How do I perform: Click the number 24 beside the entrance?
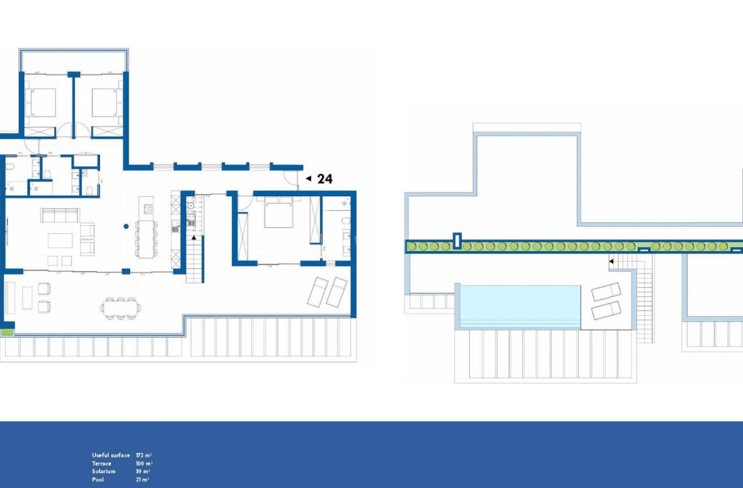click(x=325, y=179)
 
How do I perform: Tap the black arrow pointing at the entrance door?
click(x=308, y=179)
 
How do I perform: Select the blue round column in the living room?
click(x=126, y=226)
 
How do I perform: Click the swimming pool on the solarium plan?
click(x=520, y=305)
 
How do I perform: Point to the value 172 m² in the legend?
click(x=144, y=455)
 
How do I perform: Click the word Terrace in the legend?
click(x=102, y=464)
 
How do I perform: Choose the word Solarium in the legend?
click(x=103, y=472)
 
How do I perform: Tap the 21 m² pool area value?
click(x=142, y=480)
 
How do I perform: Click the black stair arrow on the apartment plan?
click(x=194, y=238)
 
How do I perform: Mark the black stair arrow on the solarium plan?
click(x=611, y=261)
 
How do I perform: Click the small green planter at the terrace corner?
click(x=7, y=332)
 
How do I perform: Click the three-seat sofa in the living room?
click(x=59, y=215)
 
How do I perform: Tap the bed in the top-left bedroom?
click(x=41, y=102)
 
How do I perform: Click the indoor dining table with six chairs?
click(x=146, y=238)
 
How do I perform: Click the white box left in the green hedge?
click(x=457, y=241)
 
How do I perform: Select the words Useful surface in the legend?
click(x=111, y=455)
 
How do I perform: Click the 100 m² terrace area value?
click(x=144, y=464)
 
